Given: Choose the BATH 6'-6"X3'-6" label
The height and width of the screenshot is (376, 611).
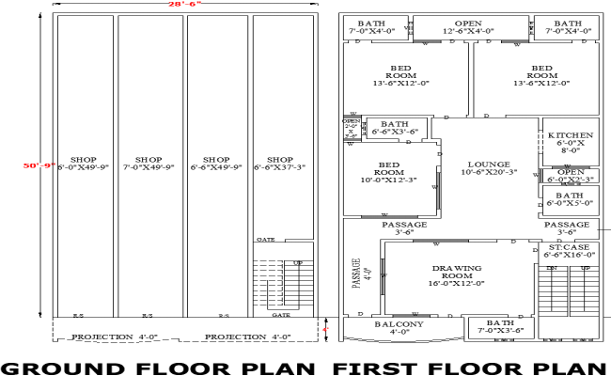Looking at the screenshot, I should coord(395,128).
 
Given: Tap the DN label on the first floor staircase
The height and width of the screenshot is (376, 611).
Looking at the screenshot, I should coord(553,269).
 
